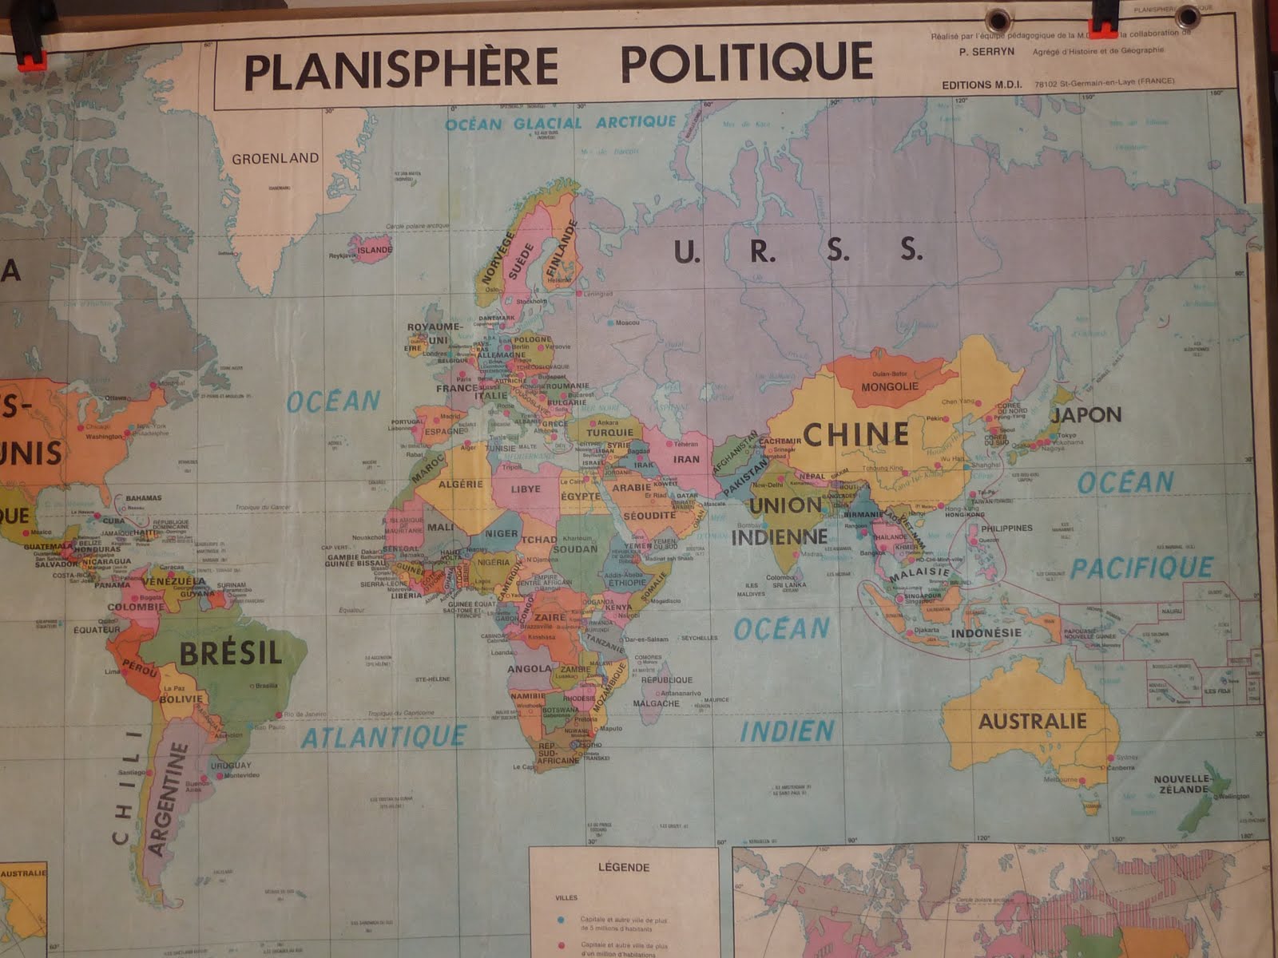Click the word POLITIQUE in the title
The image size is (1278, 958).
pyautogui.click(x=746, y=63)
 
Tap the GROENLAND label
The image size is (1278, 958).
pyautogui.click(x=275, y=158)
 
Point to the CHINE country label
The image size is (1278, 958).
pyautogui.click(x=855, y=433)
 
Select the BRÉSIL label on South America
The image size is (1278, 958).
pyautogui.click(x=230, y=653)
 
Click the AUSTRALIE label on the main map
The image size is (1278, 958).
pyautogui.click(x=1033, y=721)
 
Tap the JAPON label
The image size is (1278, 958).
pyautogui.click(x=1086, y=414)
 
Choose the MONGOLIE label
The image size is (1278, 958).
pyautogui.click(x=890, y=386)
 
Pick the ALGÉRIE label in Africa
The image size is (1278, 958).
pyautogui.click(x=461, y=484)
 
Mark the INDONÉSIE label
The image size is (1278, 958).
pyautogui.click(x=986, y=632)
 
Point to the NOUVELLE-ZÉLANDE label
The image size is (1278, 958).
pyautogui.click(x=1181, y=784)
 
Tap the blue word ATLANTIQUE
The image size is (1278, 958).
pyautogui.click(x=383, y=736)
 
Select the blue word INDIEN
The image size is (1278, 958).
pyautogui.click(x=787, y=730)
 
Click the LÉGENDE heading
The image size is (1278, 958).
pyautogui.click(x=623, y=867)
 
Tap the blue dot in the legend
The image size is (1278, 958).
pyautogui.click(x=562, y=920)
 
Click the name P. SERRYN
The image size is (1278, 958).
pyautogui.click(x=987, y=50)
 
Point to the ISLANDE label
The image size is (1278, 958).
pyautogui.click(x=375, y=249)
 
